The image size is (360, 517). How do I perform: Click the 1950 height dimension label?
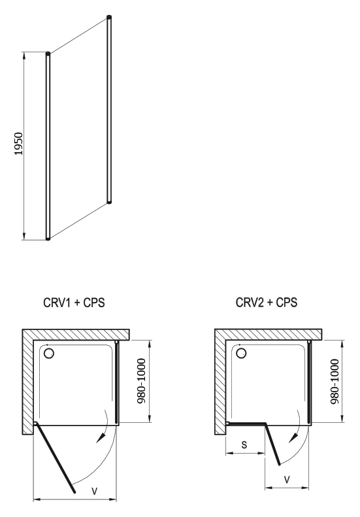pyautogui.click(x=19, y=143)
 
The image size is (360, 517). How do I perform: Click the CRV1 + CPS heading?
pyautogui.click(x=74, y=303)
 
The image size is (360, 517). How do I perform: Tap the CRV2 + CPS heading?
pyautogui.click(x=267, y=302)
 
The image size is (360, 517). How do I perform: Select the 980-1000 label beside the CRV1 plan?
pyautogui.click(x=141, y=381)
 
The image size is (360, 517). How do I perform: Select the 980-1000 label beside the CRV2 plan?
pyautogui.click(x=335, y=382)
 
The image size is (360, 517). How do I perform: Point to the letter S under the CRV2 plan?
pyautogui.click(x=244, y=444)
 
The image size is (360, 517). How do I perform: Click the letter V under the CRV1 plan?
pyautogui.click(x=95, y=492)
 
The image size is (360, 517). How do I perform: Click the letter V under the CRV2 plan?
pyautogui.click(x=287, y=479)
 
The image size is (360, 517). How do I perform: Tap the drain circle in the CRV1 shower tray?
pyautogui.click(x=49, y=353)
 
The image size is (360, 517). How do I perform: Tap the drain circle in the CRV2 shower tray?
pyautogui.click(x=242, y=353)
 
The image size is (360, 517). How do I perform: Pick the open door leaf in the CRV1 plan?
pyautogui.click(x=55, y=458)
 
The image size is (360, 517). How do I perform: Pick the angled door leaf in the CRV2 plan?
pyautogui.click(x=272, y=444)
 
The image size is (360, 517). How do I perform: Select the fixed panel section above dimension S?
pyautogui.click(x=247, y=424)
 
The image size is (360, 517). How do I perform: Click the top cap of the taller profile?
pyautogui.click(x=109, y=16)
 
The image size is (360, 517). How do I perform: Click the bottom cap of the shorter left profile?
pyautogui.click(x=48, y=238)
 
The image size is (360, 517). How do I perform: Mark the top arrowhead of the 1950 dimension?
pyautogui.click(x=24, y=56)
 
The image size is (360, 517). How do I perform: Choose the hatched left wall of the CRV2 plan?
pyautogui.click(x=221, y=382)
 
